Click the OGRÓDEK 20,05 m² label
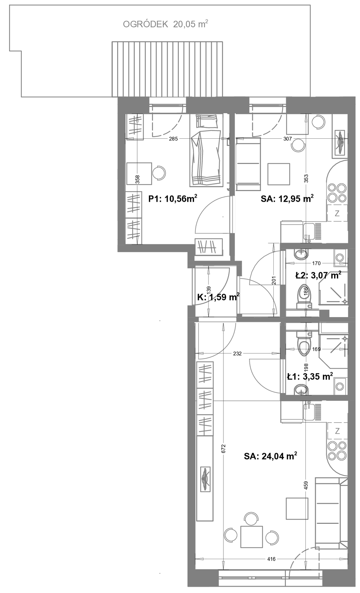pyautogui.click(x=166, y=24)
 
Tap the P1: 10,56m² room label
pyautogui.click(x=173, y=198)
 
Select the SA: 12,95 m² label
pyautogui.click(x=287, y=198)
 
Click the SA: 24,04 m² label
pyautogui.click(x=270, y=456)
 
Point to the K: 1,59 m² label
pyautogui.click(x=218, y=297)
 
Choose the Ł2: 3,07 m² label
pyautogui.click(x=318, y=275)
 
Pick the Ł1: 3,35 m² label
pyautogui.click(x=310, y=376)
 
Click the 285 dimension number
pyautogui.click(x=173, y=139)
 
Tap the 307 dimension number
pyautogui.click(x=288, y=139)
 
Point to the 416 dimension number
pyautogui.click(x=271, y=559)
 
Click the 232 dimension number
pyautogui.click(x=237, y=353)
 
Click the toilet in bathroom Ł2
pyautogui.click(x=304, y=296)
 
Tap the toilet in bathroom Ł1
pyautogui.click(x=304, y=344)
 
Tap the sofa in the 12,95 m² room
pyautogui.click(x=248, y=164)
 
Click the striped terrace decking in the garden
pyautogui.click(x=167, y=69)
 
